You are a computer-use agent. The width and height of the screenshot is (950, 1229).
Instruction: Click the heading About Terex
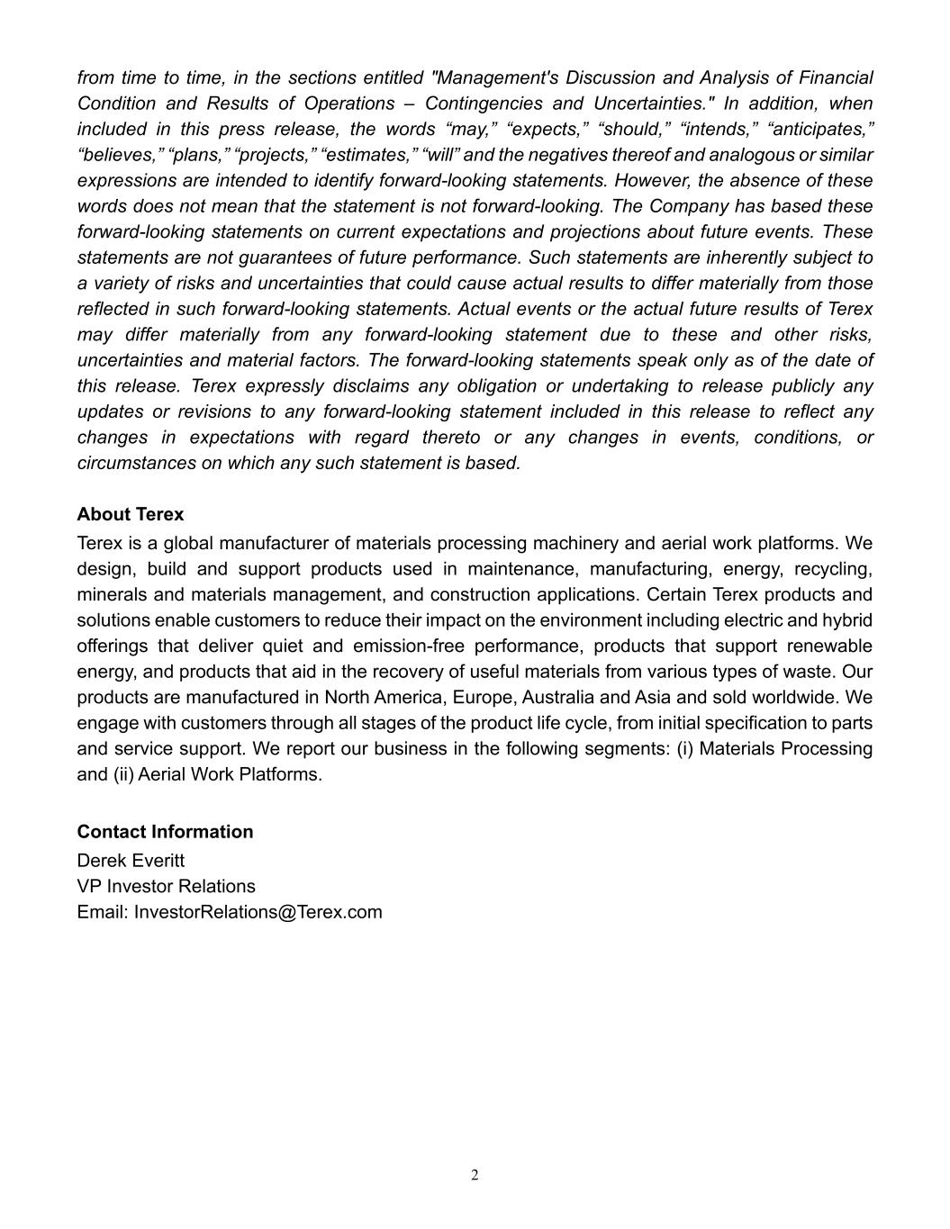point(131,515)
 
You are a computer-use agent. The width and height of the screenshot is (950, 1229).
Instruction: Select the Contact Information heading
point(165,832)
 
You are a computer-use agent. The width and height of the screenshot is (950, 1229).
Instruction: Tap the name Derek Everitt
point(131,861)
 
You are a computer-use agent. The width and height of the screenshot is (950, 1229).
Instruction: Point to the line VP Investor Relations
point(166,887)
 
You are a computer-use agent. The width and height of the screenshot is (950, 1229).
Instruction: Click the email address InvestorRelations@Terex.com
point(258,912)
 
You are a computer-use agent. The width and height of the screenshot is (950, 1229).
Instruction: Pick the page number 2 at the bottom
point(475,1175)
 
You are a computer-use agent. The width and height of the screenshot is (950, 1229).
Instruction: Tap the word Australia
point(559,698)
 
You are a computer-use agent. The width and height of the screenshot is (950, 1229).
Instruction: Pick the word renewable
point(829,646)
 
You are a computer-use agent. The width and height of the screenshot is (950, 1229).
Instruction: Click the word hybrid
point(847,621)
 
